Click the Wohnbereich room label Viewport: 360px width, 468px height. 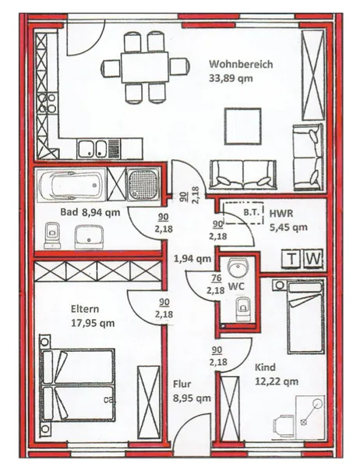[x=240, y=65]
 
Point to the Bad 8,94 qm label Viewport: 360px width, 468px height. [x=90, y=211]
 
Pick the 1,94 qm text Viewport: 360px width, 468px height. [x=192, y=258]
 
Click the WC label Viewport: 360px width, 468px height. [x=237, y=286]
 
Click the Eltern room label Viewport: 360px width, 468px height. [x=86, y=310]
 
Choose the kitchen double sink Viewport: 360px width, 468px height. [x=95, y=147]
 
